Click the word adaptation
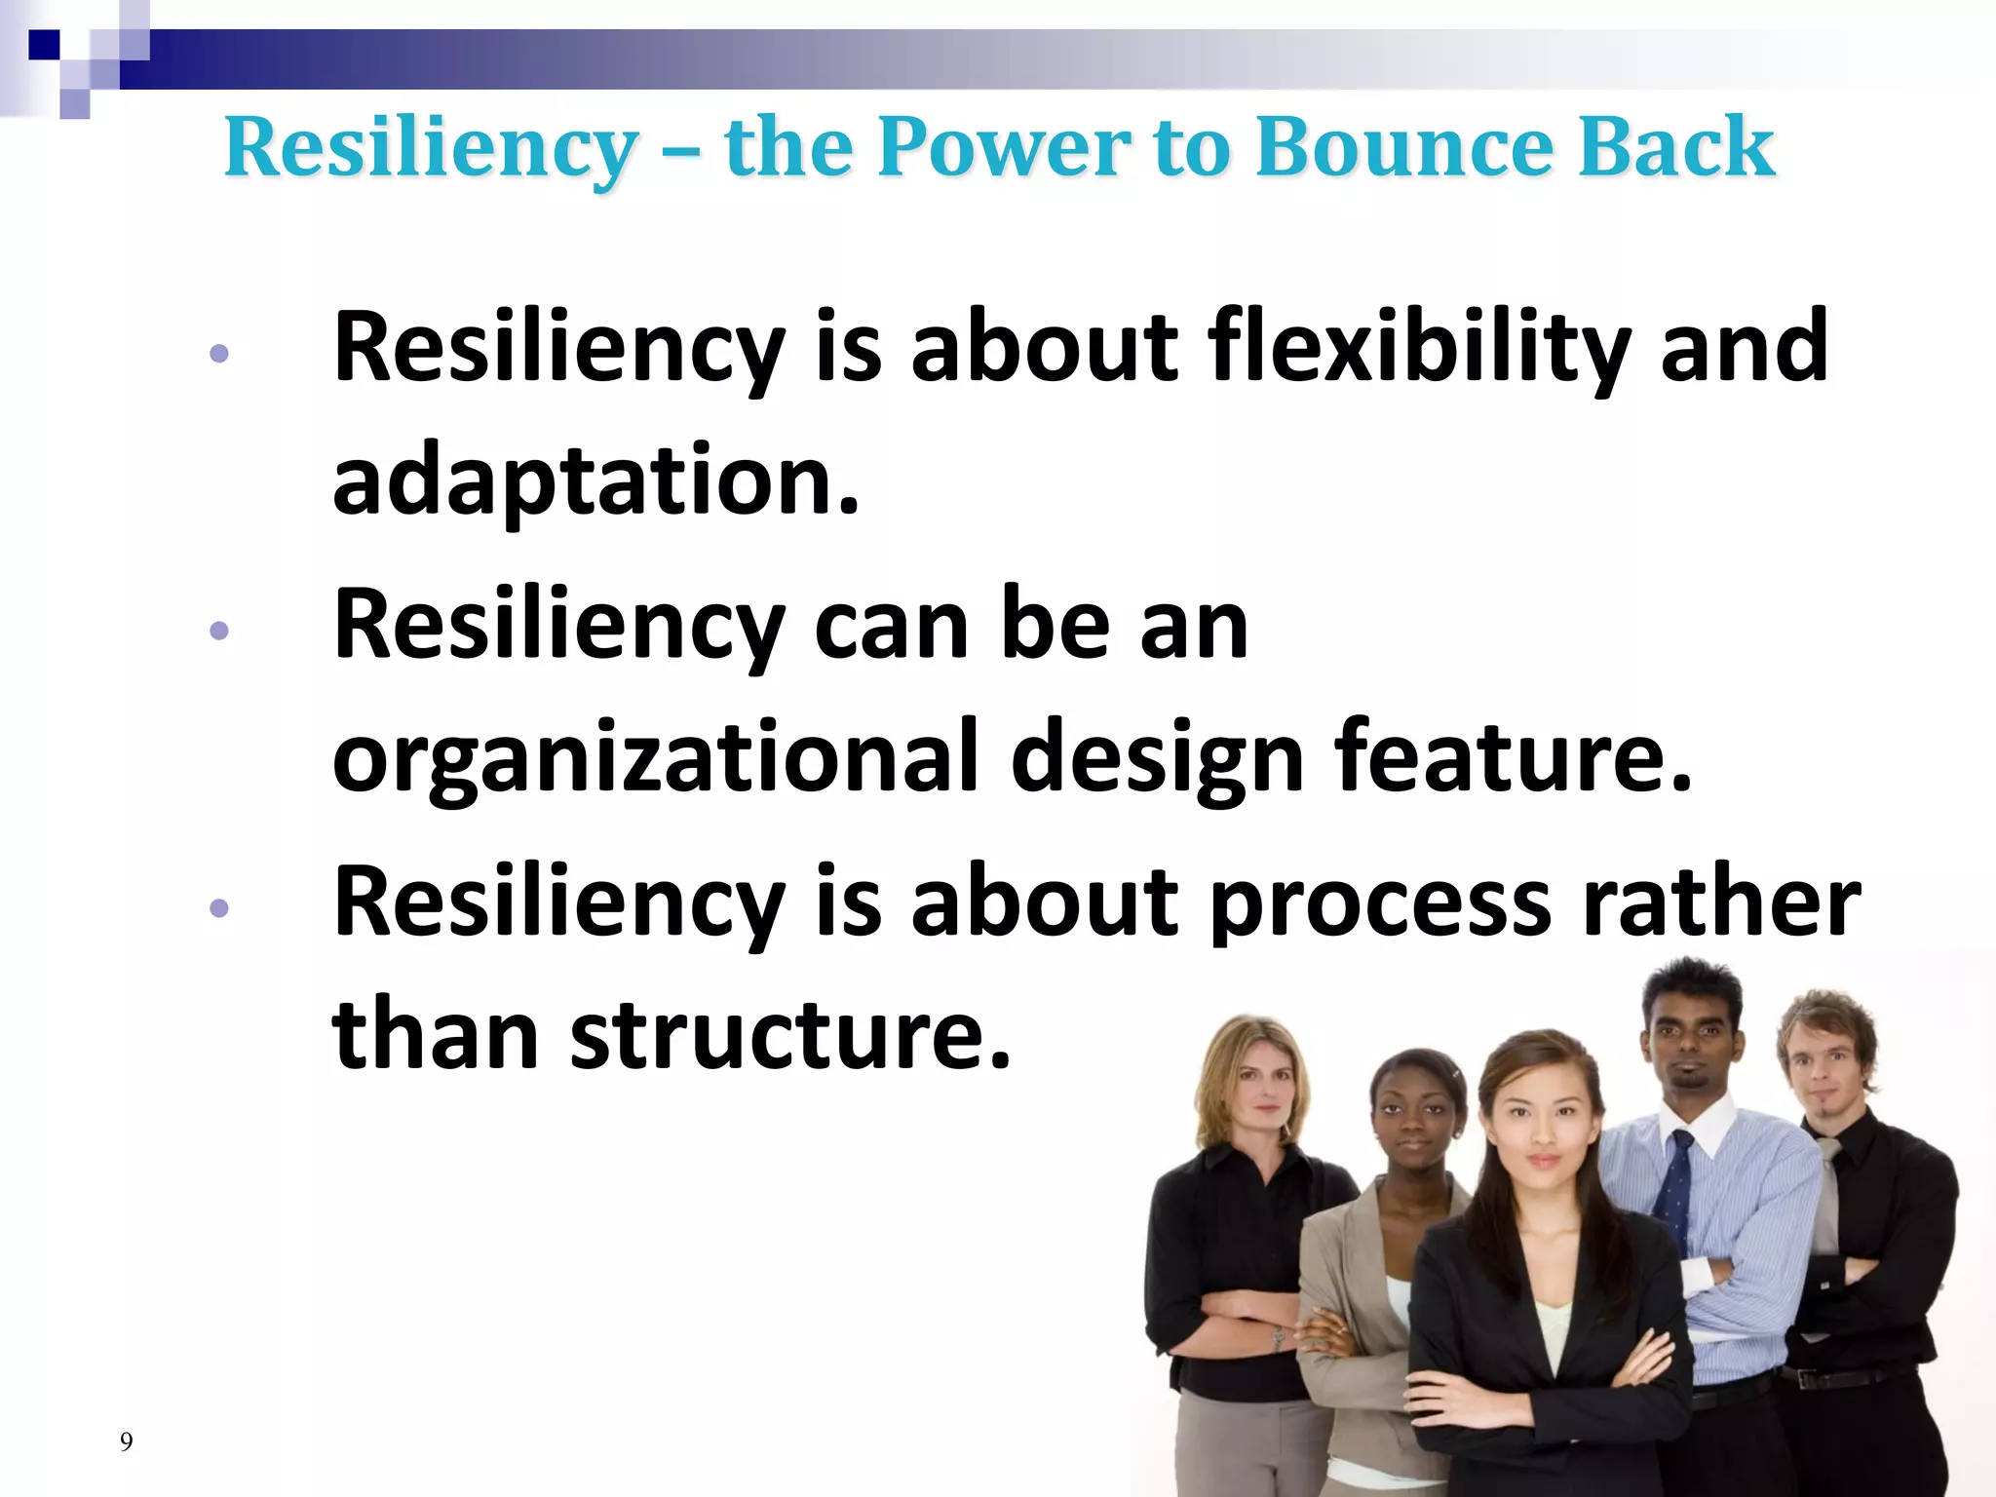595,480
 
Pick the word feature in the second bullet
1512,756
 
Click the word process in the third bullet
1380,902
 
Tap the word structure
790,1034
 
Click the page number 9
126,1441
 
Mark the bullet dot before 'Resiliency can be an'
219,631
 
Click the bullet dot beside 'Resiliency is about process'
219,908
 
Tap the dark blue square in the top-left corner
44,45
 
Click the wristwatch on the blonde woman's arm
1278,1339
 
